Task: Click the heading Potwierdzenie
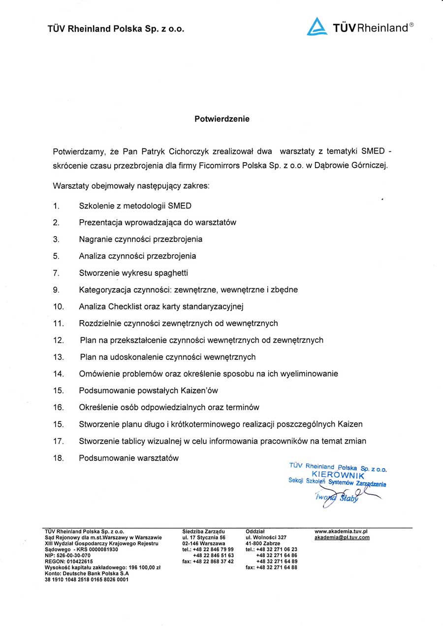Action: pyautogui.click(x=221, y=119)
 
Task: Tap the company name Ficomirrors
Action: pyautogui.click(x=220, y=165)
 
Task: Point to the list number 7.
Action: pyautogui.click(x=56, y=273)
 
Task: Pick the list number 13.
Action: pyautogui.click(x=59, y=357)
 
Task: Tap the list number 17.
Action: pyautogui.click(x=59, y=441)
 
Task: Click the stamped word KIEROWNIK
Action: pyautogui.click(x=338, y=476)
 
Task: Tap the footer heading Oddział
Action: pyautogui.click(x=255, y=532)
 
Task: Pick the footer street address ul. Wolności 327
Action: pyautogui.click(x=266, y=537)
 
